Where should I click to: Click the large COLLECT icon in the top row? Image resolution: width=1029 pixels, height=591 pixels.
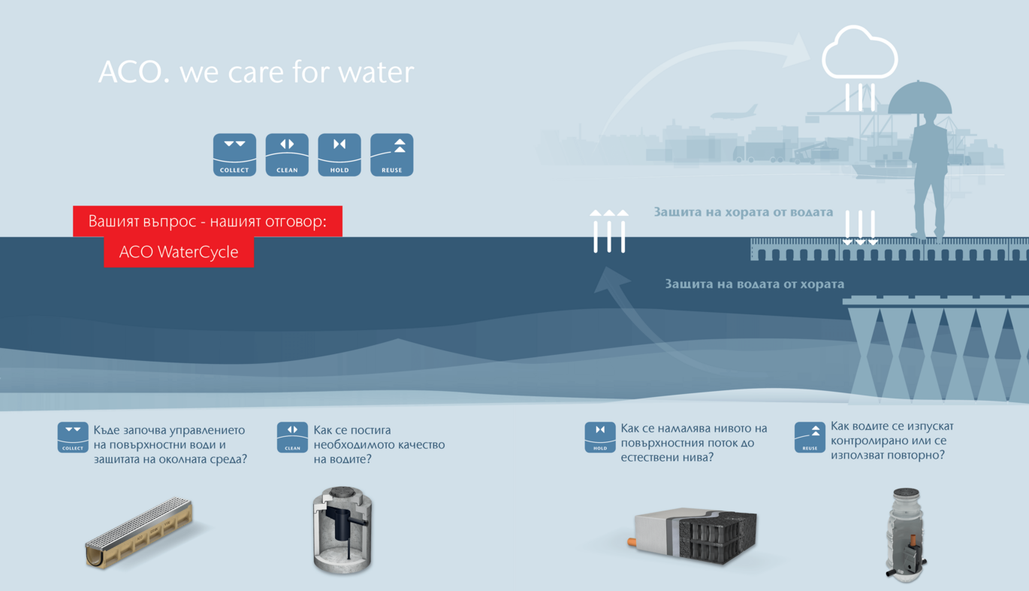point(234,155)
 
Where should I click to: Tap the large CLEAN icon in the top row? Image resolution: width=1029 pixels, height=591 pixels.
point(287,155)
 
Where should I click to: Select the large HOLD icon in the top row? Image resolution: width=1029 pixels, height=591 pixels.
point(339,155)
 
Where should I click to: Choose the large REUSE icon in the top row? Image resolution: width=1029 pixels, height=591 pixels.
point(392,155)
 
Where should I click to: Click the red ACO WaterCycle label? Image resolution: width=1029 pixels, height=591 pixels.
point(179,252)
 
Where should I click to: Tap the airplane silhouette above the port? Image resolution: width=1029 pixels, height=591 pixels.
point(734,113)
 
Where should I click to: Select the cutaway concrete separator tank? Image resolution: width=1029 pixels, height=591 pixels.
point(342,530)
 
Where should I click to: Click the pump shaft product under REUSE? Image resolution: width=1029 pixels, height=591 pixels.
point(905,534)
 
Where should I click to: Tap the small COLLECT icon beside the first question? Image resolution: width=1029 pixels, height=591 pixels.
point(73,438)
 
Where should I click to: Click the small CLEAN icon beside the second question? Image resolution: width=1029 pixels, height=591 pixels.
point(292,438)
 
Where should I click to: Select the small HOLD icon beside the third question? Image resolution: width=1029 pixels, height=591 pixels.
point(600,438)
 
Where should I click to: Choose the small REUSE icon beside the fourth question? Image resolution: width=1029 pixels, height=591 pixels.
point(810,438)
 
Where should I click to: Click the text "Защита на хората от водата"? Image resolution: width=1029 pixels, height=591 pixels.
point(744,212)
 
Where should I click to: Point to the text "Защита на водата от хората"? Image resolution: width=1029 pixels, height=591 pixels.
point(754,283)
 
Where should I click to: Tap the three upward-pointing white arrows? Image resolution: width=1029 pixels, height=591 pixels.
point(609,232)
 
